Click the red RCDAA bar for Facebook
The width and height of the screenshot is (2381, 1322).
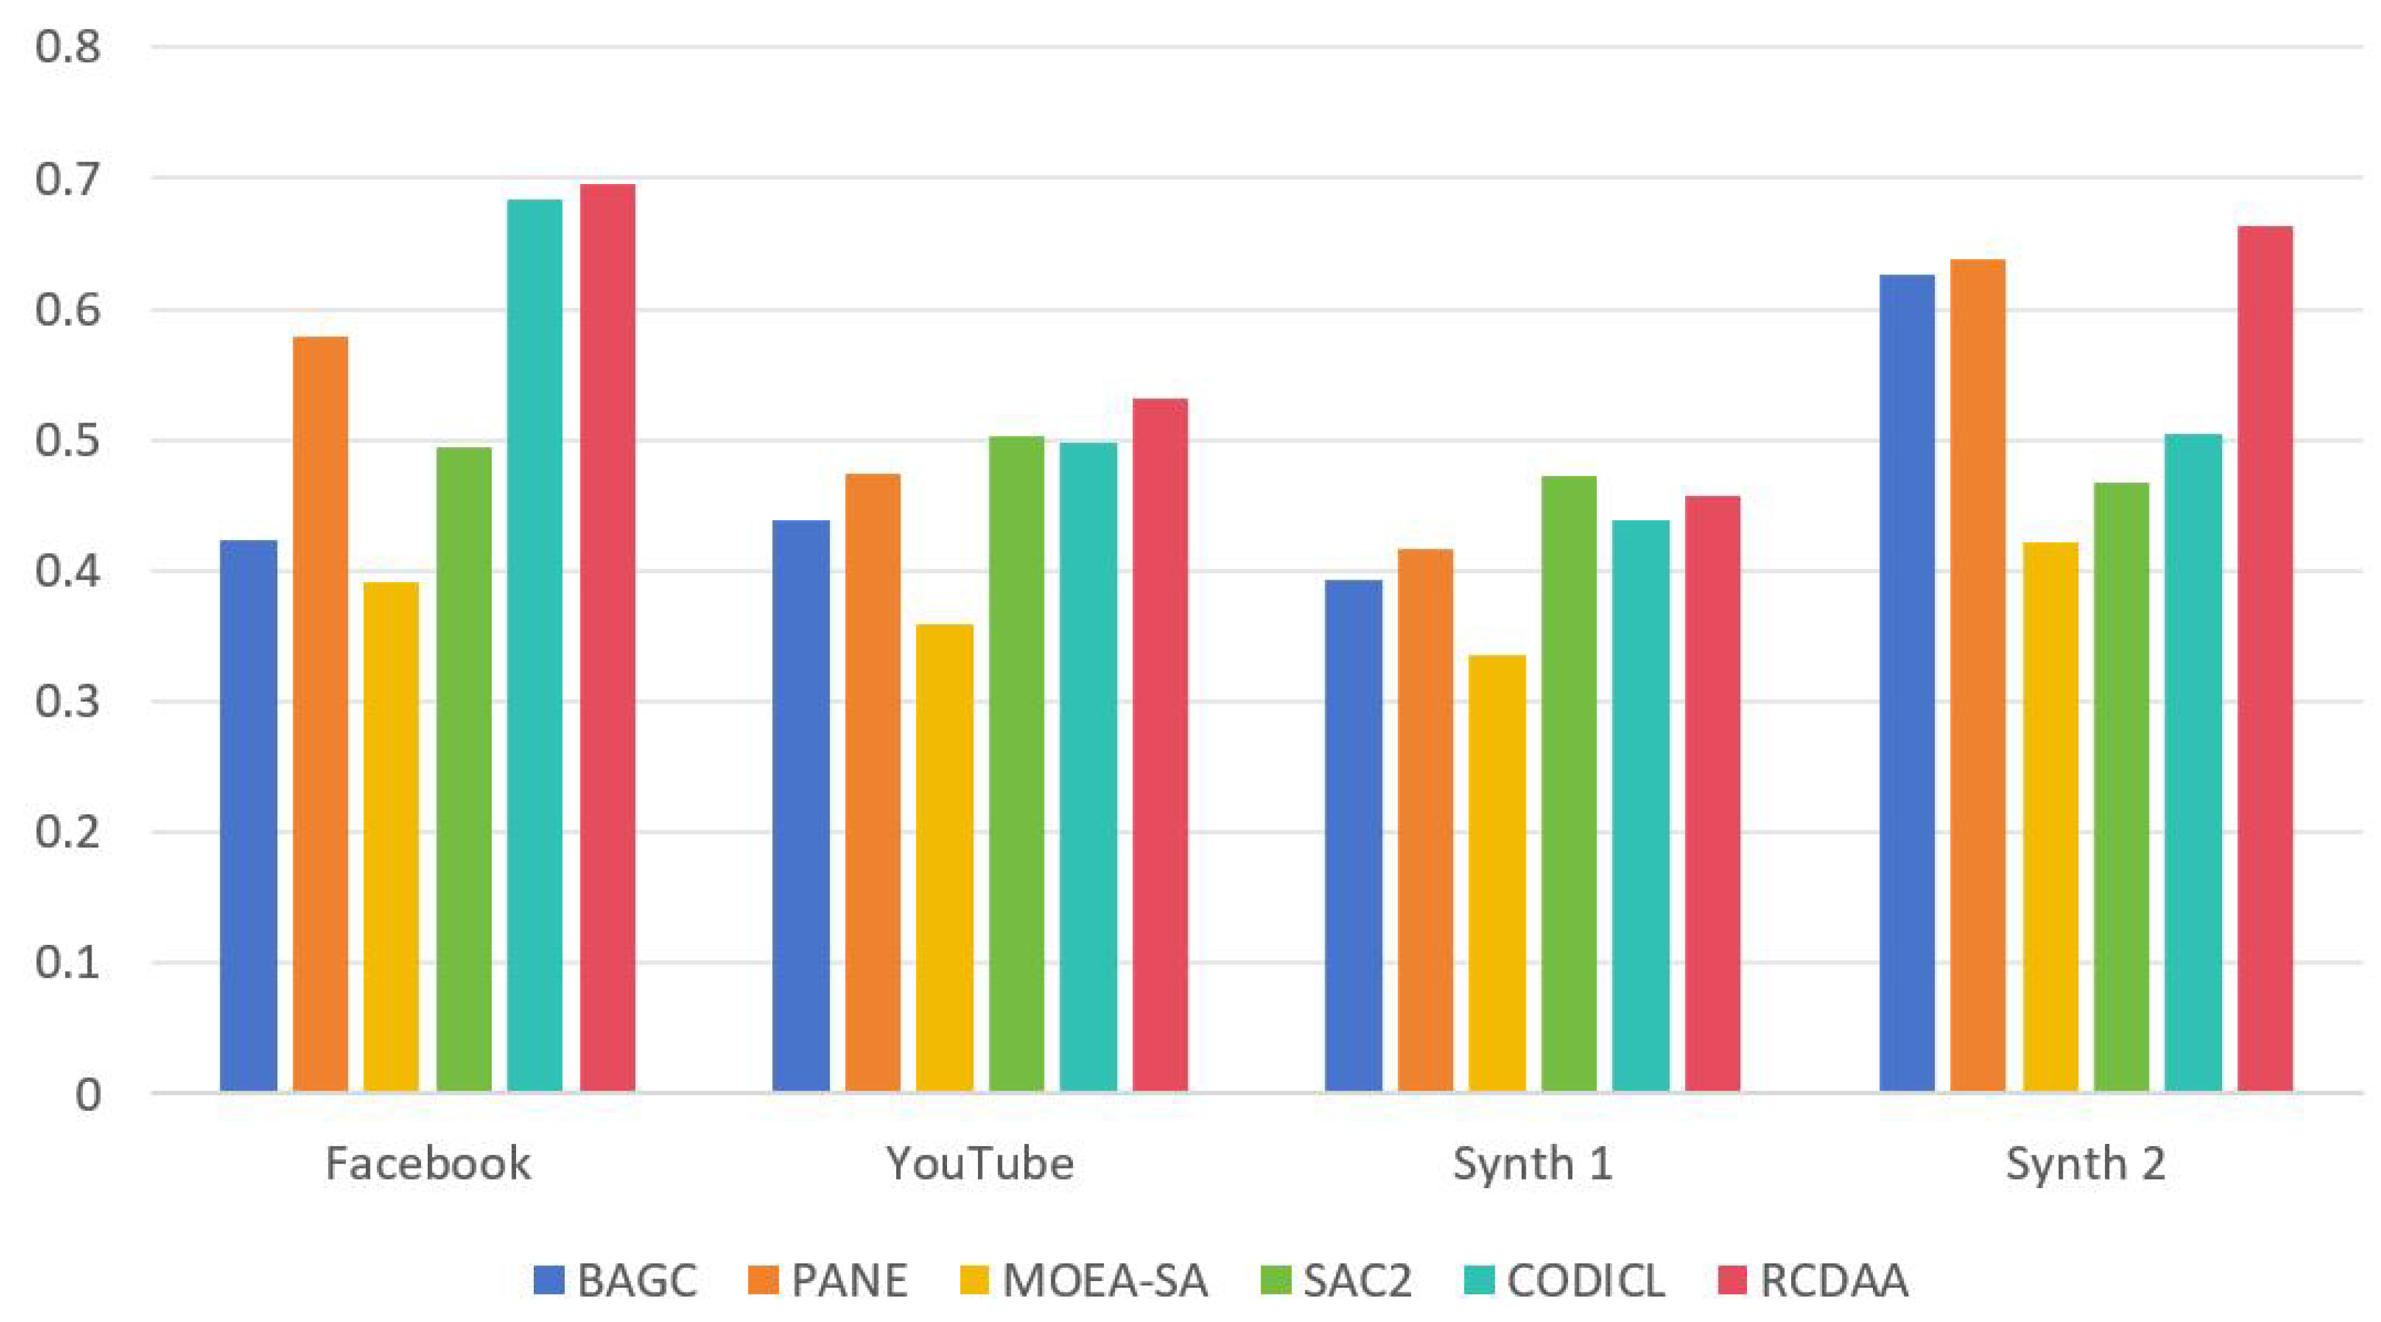[607, 638]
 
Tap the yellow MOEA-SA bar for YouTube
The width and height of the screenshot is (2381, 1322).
[944, 858]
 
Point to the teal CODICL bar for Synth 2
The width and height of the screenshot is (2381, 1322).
[2193, 763]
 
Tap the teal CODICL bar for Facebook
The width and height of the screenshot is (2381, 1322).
[534, 646]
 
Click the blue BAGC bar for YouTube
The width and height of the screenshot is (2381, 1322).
[801, 806]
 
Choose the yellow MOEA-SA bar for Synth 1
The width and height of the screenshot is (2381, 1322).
[1497, 874]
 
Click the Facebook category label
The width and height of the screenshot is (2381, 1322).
[428, 1163]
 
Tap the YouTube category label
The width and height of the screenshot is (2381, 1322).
[980, 1163]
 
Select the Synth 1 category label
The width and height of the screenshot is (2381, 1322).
[1532, 1163]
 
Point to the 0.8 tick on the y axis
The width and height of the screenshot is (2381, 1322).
[67, 46]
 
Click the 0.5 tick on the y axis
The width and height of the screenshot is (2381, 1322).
[67, 440]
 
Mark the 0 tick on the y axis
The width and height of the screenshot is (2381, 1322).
[88, 1095]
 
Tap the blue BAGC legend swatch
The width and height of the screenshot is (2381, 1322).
[549, 1280]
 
